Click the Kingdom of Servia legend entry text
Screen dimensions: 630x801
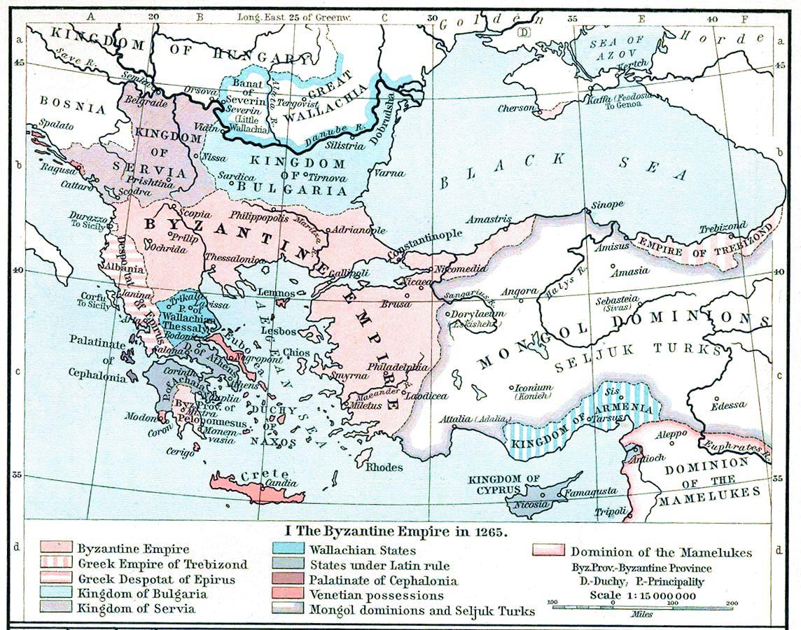pyautogui.click(x=136, y=608)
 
